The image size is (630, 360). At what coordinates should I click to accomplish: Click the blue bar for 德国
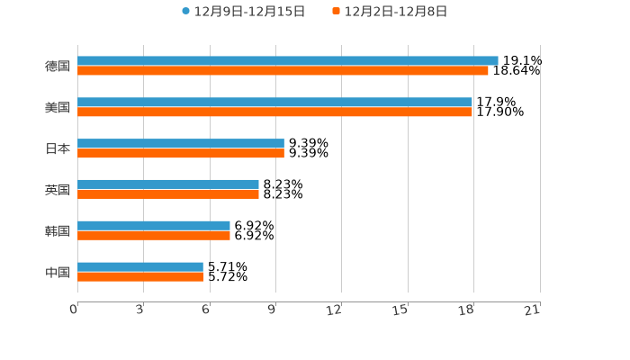[x=288, y=60]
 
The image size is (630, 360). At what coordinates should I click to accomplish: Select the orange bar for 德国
[x=283, y=70]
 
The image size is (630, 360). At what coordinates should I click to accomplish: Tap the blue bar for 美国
[x=274, y=102]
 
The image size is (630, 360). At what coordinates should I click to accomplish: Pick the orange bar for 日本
[x=181, y=154]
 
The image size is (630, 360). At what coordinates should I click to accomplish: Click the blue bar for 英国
[x=168, y=184]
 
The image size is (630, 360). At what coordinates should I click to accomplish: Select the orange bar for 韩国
[x=154, y=236]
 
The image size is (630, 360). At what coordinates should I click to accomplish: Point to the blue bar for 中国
[x=140, y=266]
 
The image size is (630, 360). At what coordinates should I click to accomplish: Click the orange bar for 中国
[x=140, y=277]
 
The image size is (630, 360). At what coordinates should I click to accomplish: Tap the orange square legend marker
[x=337, y=12]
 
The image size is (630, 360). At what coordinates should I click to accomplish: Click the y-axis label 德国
[x=58, y=66]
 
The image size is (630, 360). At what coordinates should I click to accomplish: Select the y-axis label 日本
[x=58, y=148]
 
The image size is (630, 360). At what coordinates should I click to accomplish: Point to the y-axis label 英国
[x=58, y=190]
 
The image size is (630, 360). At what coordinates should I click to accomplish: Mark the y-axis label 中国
[x=58, y=272]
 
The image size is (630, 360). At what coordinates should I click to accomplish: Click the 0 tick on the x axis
[x=74, y=310]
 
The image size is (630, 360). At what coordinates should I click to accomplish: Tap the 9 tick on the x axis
[x=271, y=310]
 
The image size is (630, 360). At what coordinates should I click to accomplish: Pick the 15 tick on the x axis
[x=400, y=310]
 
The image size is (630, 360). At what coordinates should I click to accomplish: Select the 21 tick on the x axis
[x=533, y=310]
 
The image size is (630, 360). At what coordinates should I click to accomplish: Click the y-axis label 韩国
[x=58, y=230]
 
